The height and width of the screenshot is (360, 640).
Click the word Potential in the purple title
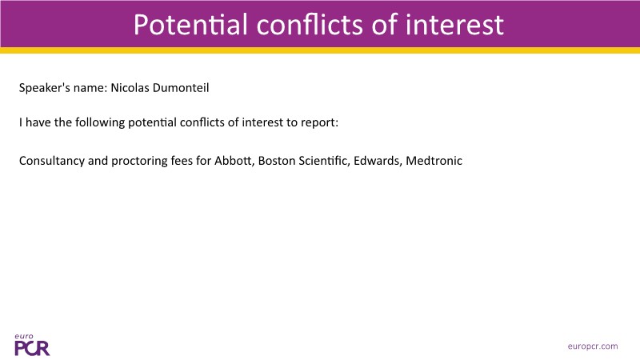pyautogui.click(x=190, y=25)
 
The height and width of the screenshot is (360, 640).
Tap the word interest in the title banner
pyautogui.click(x=454, y=25)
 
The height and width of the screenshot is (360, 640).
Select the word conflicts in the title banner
pyautogui.click(x=310, y=25)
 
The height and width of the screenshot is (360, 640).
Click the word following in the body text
pyautogui.click(x=100, y=122)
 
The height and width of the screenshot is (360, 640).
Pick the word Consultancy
pyautogui.click(x=52, y=162)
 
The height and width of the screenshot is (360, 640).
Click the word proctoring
pyautogui.click(x=139, y=162)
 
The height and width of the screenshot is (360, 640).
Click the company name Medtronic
pyautogui.click(x=434, y=161)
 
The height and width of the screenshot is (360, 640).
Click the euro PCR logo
pyautogui.click(x=32, y=345)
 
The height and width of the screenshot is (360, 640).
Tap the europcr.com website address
pyautogui.click(x=593, y=346)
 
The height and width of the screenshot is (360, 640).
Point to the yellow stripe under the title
pyautogui.click(x=320, y=50)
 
